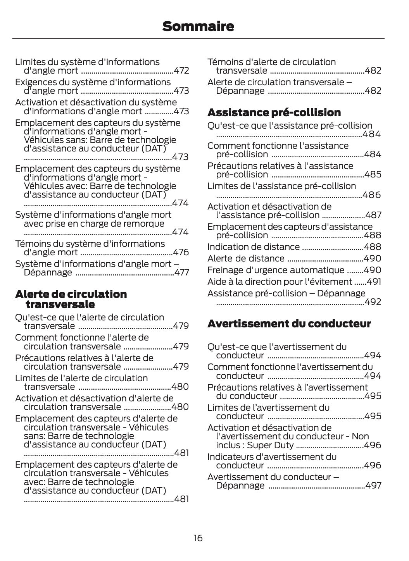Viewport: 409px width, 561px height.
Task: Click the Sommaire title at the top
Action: click(x=198, y=26)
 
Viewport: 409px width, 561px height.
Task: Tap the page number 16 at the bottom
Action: click(x=198, y=538)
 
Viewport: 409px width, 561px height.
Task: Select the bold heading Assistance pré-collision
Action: click(x=274, y=112)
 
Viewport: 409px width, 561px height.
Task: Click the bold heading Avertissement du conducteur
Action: click(x=289, y=324)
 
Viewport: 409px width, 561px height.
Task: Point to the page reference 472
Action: click(x=181, y=71)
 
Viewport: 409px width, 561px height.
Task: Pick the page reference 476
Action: click(x=181, y=252)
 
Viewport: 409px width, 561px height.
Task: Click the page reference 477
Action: click(x=181, y=272)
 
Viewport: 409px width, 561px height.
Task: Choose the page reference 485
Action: click(x=373, y=174)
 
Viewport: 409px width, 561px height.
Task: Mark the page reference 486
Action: click(x=372, y=195)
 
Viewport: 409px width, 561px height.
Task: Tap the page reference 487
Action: click(x=373, y=215)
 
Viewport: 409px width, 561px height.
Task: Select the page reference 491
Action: click(x=374, y=282)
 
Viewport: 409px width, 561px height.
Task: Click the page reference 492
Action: click(x=373, y=302)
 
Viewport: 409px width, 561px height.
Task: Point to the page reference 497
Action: click(x=373, y=485)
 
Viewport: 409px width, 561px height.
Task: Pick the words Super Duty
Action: click(x=270, y=445)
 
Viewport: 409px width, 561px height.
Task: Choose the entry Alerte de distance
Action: click(x=246, y=258)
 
